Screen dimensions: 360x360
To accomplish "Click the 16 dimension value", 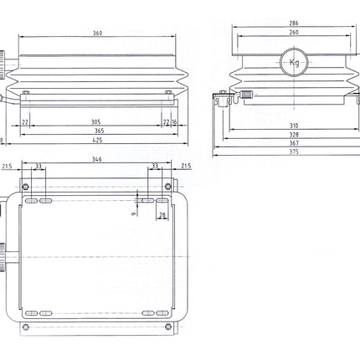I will coord(174,121).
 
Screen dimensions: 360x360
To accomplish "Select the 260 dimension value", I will coord(292,33).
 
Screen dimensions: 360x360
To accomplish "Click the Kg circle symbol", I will coord(293,62).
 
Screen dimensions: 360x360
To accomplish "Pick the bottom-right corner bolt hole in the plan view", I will coord(167,325).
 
